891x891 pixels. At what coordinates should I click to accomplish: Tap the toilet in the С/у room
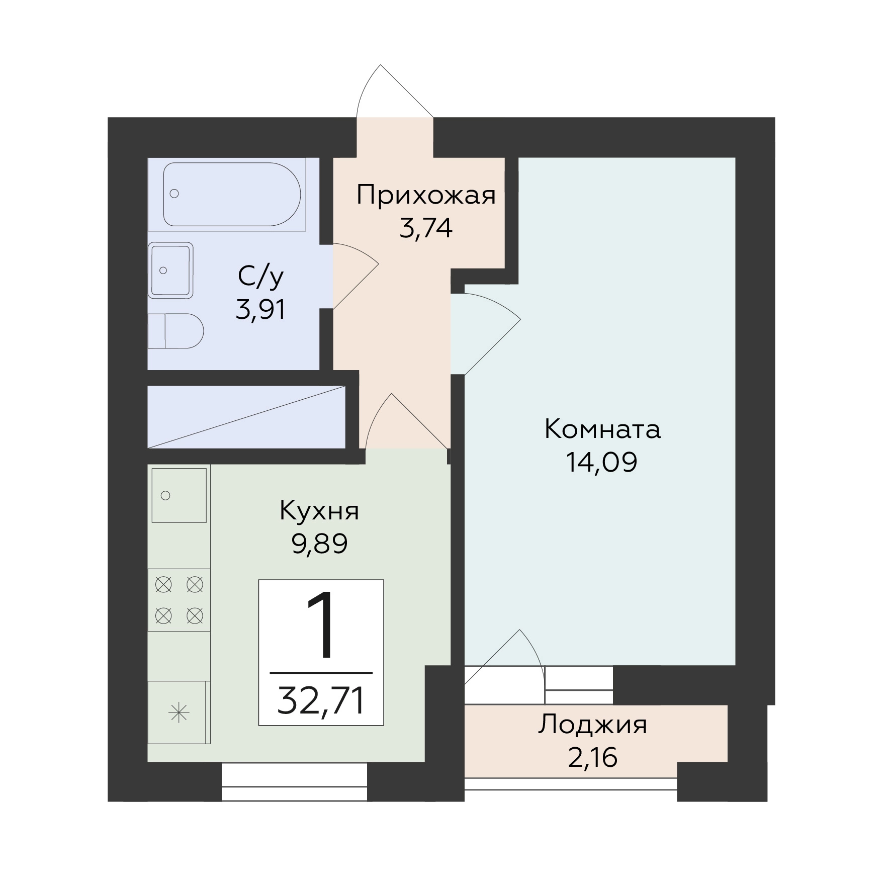[x=175, y=331]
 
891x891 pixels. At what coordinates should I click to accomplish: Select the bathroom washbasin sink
[x=171, y=271]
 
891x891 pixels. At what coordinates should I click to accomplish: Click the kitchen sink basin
[x=179, y=495]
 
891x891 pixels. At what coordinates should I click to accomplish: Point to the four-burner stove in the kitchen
[x=179, y=600]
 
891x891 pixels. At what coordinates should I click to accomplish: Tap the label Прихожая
[x=426, y=196]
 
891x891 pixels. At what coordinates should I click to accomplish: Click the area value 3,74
[x=426, y=229]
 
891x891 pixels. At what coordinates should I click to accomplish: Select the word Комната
[x=602, y=430]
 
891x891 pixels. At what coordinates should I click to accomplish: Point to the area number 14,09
[x=602, y=463]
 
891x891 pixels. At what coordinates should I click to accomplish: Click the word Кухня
[x=319, y=511]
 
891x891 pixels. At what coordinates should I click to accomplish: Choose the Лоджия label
[x=593, y=726]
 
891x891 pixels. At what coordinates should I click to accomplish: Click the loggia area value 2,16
[x=593, y=758]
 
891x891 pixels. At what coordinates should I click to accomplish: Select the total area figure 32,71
[x=321, y=701]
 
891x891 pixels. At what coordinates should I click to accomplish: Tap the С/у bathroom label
[x=260, y=278]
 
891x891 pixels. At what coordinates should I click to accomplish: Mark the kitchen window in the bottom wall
[x=295, y=782]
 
